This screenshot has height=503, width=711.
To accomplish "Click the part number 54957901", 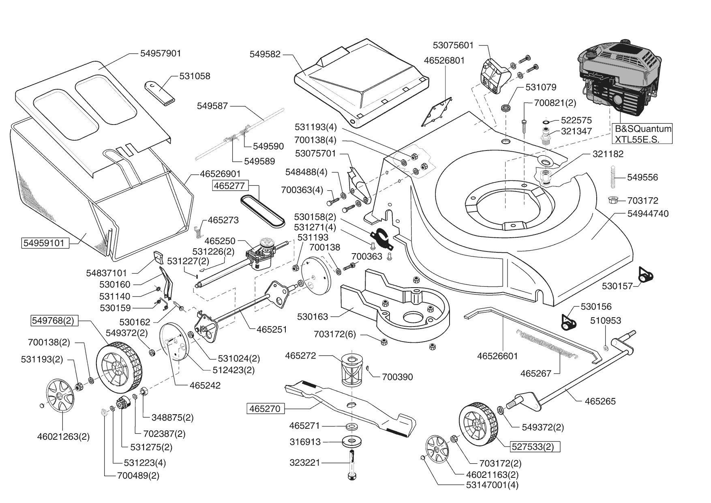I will pos(161,54).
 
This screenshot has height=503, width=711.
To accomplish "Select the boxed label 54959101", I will pos(44,243).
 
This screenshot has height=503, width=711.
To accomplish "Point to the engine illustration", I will pos(618,77).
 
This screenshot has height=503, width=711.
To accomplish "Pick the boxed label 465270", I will pos(265,408).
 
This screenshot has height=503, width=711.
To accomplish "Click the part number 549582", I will pos(265,54).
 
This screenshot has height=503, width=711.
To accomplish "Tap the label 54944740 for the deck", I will pos(648,214).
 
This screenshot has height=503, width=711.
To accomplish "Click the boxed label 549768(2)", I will pos(53,320).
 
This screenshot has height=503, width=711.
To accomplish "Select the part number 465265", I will pos(600,402).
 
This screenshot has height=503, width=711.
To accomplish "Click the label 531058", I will pos(195,76).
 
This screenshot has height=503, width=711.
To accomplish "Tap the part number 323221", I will pos(305,462).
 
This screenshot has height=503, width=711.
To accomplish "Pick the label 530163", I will pos(313,316).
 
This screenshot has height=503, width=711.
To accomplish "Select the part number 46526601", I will pos(497,356).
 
